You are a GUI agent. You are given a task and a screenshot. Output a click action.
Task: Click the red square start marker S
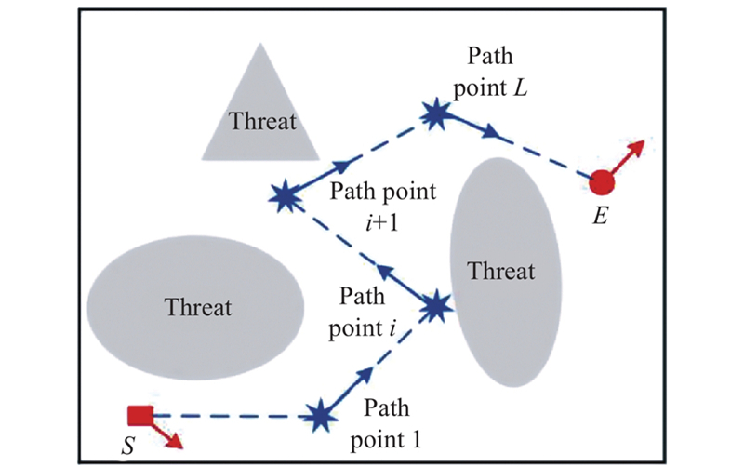[x=139, y=416]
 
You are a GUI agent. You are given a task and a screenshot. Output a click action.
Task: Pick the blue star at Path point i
[x=435, y=305]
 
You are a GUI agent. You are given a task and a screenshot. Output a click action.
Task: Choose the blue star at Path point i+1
[x=283, y=195]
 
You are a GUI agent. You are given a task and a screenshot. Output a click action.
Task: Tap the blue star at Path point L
[x=435, y=114]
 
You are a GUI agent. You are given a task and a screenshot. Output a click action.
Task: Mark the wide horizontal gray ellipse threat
[x=195, y=306]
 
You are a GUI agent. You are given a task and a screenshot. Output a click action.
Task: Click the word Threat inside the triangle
[x=263, y=122]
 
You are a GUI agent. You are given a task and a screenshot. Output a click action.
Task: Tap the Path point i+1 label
[x=381, y=206]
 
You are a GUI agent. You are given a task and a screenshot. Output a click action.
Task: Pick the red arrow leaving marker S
[x=167, y=433]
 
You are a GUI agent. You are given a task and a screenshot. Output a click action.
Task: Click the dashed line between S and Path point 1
[x=232, y=416]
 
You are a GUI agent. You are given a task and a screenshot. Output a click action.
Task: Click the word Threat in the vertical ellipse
[x=502, y=272]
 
